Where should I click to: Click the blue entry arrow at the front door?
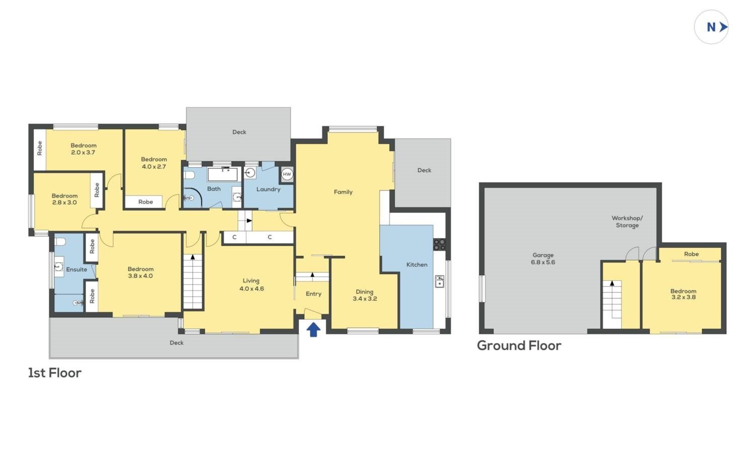pyautogui.click(x=314, y=330)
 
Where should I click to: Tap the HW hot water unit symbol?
pyautogui.click(x=287, y=174)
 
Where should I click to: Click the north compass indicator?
pyautogui.click(x=712, y=27)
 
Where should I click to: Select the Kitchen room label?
pyautogui.click(x=417, y=265)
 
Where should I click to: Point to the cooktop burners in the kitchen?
pyautogui.click(x=439, y=245)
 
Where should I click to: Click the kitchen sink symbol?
pyautogui.click(x=439, y=281)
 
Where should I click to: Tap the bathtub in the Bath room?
pyautogui.click(x=223, y=174)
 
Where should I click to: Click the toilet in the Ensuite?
pyautogui.click(x=60, y=242)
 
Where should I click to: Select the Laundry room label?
pyautogui.click(x=268, y=189)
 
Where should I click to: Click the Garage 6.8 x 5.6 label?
pyautogui.click(x=543, y=258)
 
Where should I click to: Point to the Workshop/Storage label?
pyautogui.click(x=627, y=222)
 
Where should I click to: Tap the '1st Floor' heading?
pyautogui.click(x=54, y=373)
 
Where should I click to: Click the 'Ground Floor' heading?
pyautogui.click(x=519, y=346)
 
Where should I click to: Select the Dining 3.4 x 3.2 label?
pyautogui.click(x=365, y=295)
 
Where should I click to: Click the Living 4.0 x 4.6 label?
pyautogui.click(x=252, y=285)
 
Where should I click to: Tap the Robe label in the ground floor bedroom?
pyautogui.click(x=691, y=254)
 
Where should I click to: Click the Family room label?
pyautogui.click(x=343, y=192)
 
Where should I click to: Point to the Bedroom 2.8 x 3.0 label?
pyautogui.click(x=64, y=199)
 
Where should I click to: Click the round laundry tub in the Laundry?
pyautogui.click(x=250, y=173)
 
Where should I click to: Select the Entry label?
pyautogui.click(x=314, y=294)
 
